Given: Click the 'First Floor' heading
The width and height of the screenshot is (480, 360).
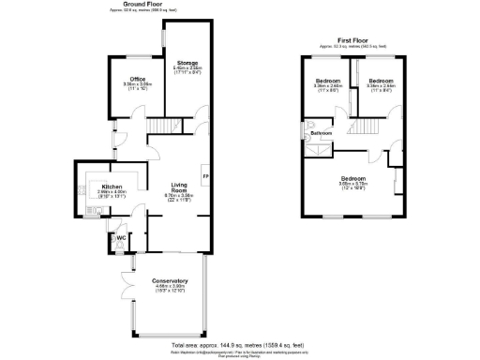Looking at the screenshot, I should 353,39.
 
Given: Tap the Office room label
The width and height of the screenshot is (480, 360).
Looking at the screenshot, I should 137,78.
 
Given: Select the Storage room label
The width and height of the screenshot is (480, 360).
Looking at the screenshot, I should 187,62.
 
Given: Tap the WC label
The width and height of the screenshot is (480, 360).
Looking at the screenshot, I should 121,237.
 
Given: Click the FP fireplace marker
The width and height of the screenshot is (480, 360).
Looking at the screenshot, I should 205,176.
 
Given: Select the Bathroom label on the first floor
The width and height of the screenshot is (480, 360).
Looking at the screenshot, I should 322,134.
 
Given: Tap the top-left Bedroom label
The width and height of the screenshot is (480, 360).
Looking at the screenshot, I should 327,81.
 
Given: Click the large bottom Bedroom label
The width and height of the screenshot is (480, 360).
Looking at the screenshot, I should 352,177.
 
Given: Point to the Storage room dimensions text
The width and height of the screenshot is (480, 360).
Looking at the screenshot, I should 187,70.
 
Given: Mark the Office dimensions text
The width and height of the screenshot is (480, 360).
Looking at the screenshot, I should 137,86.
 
